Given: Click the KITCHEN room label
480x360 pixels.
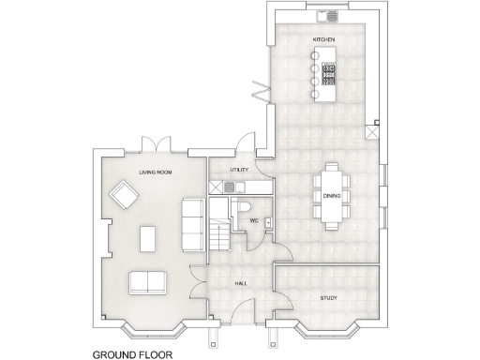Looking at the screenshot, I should [x=325, y=39].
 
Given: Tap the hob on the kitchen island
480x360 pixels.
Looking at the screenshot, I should [x=329, y=74].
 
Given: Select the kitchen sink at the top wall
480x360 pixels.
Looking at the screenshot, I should [x=331, y=16].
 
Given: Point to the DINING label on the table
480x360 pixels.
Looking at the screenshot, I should [x=332, y=196].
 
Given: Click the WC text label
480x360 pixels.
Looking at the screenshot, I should [x=253, y=221].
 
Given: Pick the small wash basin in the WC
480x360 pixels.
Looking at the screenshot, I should [x=269, y=221].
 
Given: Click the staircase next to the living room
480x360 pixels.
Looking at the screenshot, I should [x=218, y=235].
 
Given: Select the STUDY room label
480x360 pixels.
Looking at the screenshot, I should [x=327, y=298].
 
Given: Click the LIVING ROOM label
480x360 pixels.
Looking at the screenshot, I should [x=155, y=172].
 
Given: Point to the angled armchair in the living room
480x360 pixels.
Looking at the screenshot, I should [x=123, y=196].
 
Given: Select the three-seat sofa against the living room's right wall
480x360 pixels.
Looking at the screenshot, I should [x=193, y=224].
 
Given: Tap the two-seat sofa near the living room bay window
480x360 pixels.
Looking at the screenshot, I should [x=148, y=282].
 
